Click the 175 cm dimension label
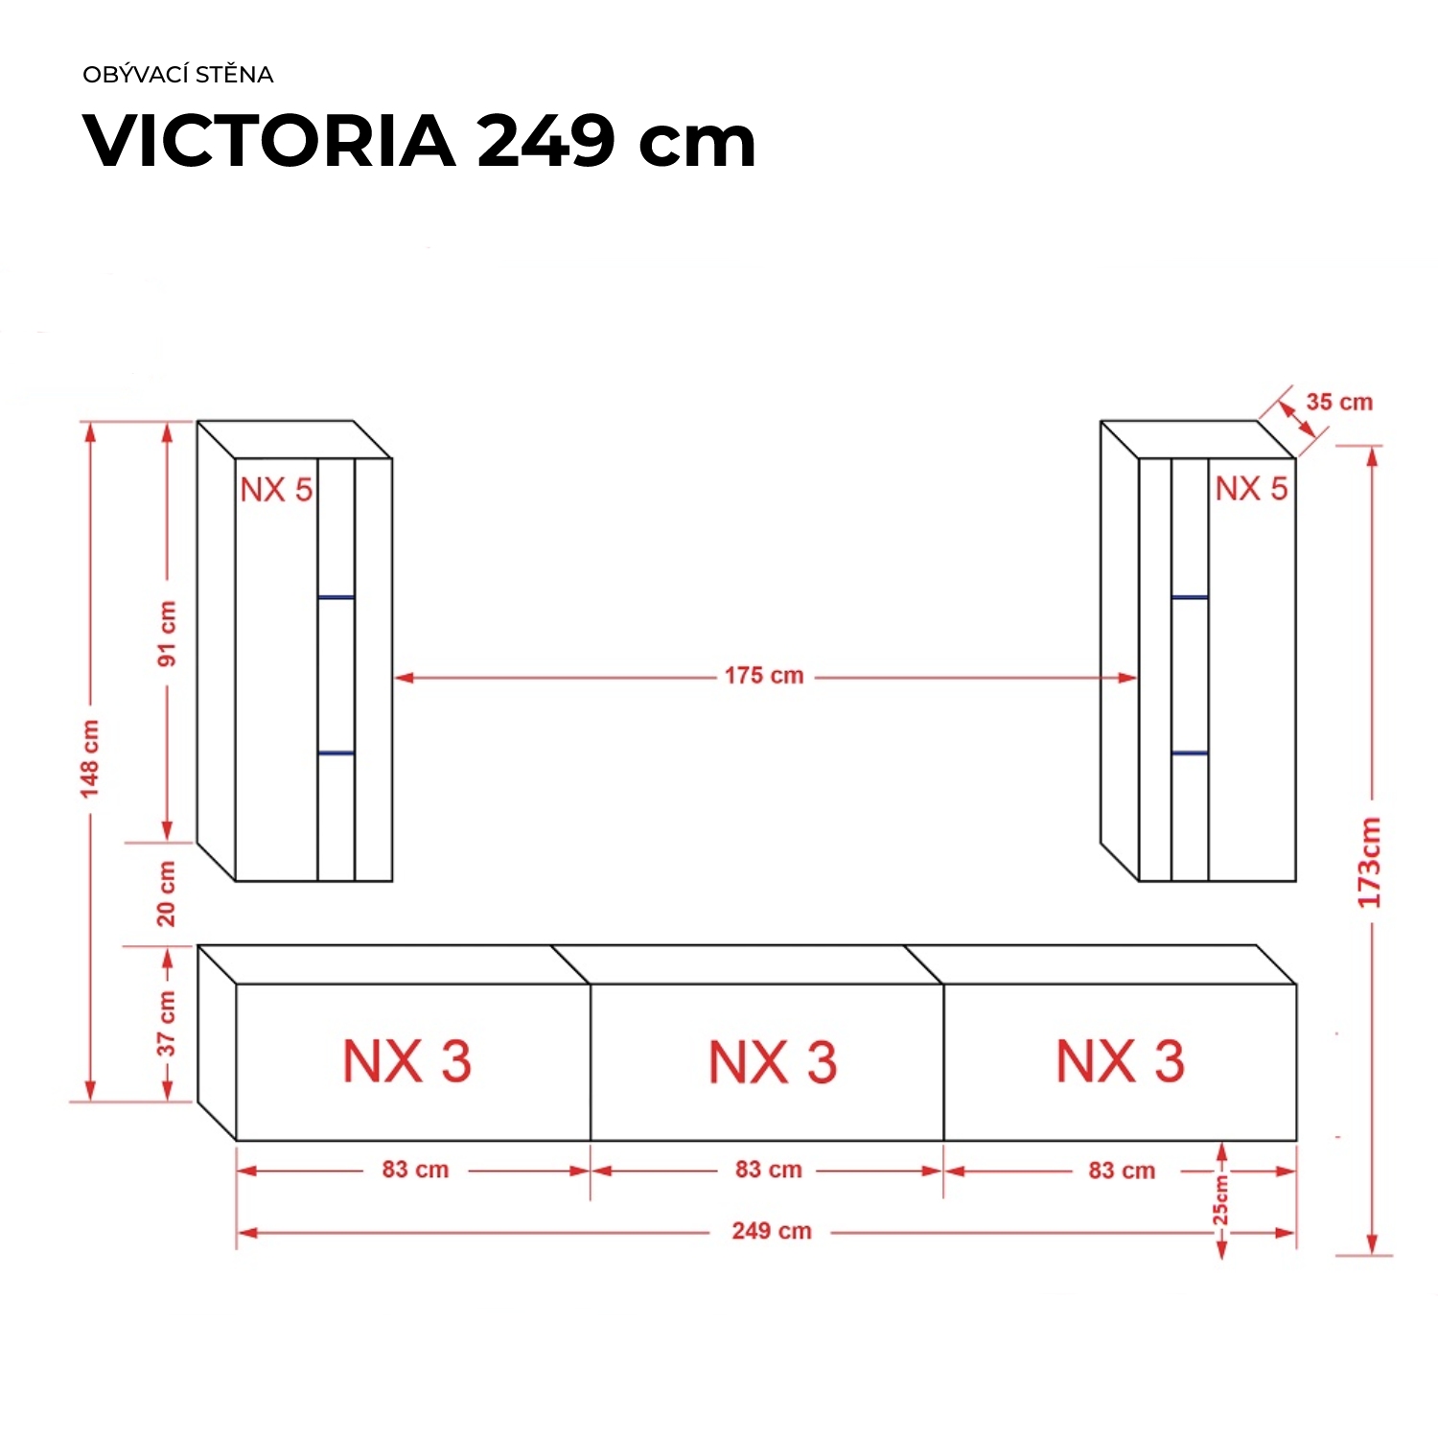coord(764,676)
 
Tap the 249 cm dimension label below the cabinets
coord(772,1231)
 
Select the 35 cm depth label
coord(1339,403)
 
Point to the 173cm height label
coord(1369,863)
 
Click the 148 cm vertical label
coord(90,758)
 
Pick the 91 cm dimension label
coord(167,634)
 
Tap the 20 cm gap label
coord(167,893)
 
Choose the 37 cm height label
coord(167,1024)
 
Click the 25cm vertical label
coord(1220,1200)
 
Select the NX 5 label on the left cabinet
coord(276,490)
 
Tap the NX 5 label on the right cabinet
coord(1251,489)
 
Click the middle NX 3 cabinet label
coord(773,1062)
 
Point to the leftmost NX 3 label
coord(407,1062)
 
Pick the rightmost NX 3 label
coord(1120,1061)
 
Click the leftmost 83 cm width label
coord(415,1170)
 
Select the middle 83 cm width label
coord(769,1170)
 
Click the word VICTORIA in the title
coord(269,142)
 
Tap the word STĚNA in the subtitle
coord(234,75)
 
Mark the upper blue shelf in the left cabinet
coord(336,597)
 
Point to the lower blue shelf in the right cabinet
coord(1189,754)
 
